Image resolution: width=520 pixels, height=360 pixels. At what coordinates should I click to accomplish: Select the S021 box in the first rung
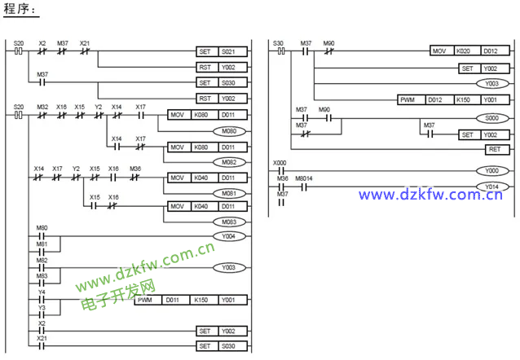coord(230,51)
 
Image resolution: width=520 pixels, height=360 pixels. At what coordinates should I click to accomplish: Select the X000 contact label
coord(280,163)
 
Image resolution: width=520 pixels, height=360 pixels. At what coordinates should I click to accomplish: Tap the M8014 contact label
coord(305,178)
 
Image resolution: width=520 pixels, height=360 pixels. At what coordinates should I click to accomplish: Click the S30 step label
coord(278,42)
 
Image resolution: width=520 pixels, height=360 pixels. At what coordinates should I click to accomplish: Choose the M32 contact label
coord(42,107)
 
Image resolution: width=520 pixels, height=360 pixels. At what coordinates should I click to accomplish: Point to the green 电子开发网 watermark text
coord(118,298)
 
